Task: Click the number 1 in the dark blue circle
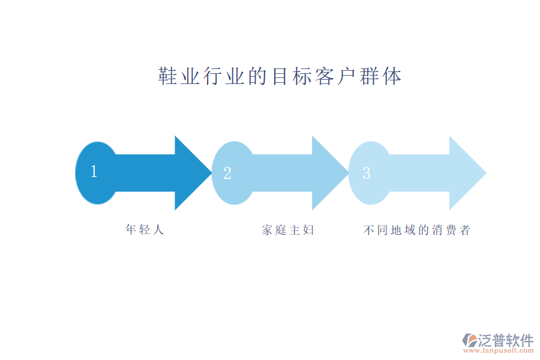coord(94,172)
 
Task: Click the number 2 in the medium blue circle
coord(227,173)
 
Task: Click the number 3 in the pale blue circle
coord(367,173)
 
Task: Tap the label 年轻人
coord(145,230)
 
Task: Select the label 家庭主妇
coord(288,230)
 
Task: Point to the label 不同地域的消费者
coord(417,230)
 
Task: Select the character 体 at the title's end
coord(392,77)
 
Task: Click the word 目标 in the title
coord(292,77)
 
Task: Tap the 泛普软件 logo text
coord(505,340)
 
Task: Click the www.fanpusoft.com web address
coord(500,352)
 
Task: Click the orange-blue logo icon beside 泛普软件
coord(469,341)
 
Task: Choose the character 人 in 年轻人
coord(158,230)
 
